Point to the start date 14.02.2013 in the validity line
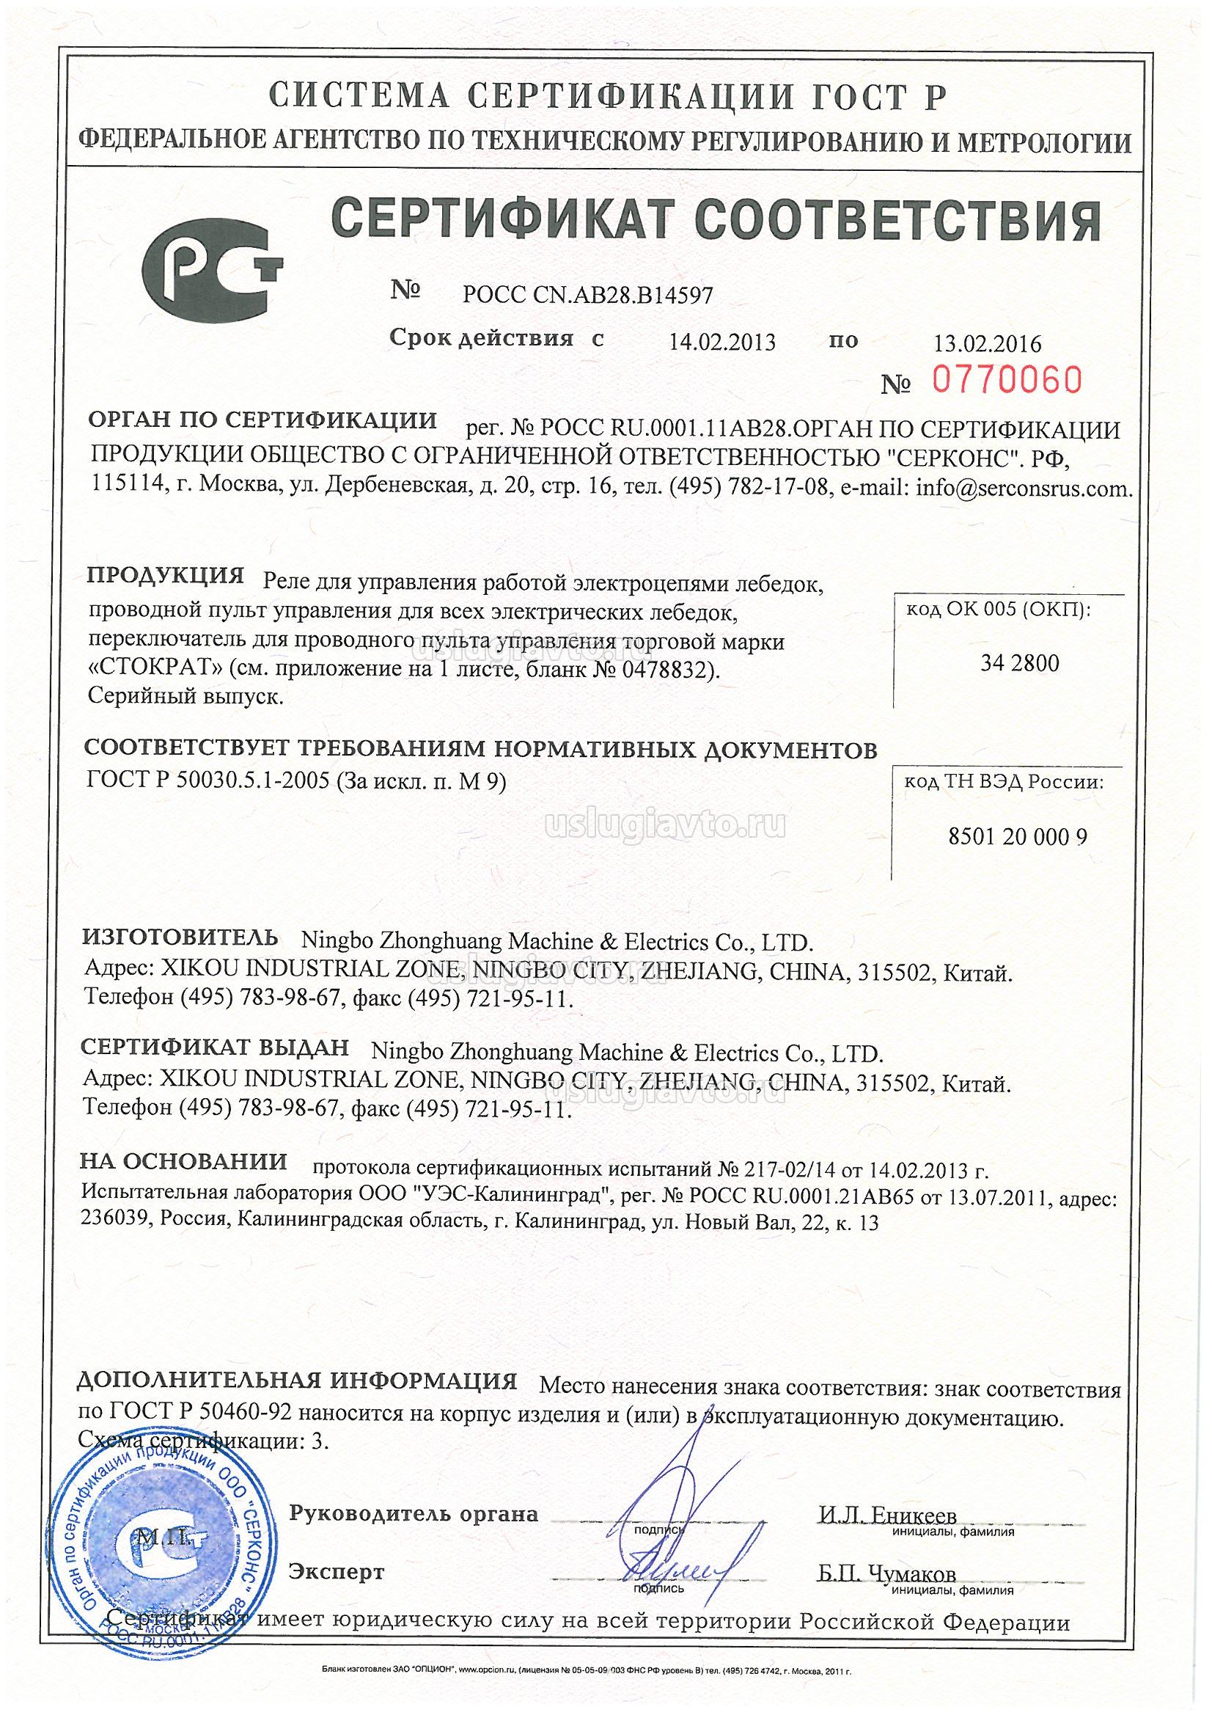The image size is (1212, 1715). pos(721,343)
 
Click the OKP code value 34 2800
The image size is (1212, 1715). pos(1019,663)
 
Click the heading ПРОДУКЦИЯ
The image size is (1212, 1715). pos(166,575)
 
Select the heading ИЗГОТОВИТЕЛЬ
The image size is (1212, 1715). pos(181,937)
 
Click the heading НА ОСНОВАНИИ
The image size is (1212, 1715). pos(184,1161)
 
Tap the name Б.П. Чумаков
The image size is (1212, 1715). pos(886,1574)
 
